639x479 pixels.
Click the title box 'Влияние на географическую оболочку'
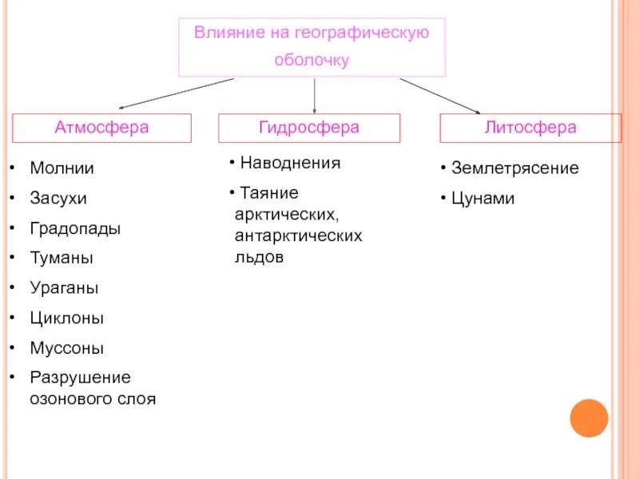pyautogui.click(x=312, y=47)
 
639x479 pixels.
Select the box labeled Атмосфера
pyautogui.click(x=101, y=128)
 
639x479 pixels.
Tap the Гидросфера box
pyautogui.click(x=309, y=128)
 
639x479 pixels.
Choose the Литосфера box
pyautogui.click(x=530, y=128)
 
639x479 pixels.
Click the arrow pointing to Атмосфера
pyautogui.click(x=176, y=93)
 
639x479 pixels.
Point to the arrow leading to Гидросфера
pyautogui.click(x=315, y=94)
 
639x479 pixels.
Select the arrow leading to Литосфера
pyautogui.click(x=439, y=95)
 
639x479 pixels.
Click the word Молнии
pyautogui.click(x=62, y=168)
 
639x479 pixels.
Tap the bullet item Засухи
pyautogui.click(x=58, y=198)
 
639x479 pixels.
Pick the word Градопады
pyautogui.click(x=75, y=228)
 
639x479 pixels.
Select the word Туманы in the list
pyautogui.click(x=61, y=258)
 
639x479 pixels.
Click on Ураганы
pyautogui.click(x=64, y=288)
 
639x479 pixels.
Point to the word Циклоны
pyautogui.click(x=67, y=319)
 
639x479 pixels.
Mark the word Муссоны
pyautogui.click(x=66, y=349)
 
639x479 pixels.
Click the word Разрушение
pyautogui.click(x=80, y=378)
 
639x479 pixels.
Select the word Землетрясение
pyautogui.click(x=514, y=168)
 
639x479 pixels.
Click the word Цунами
pyautogui.click(x=482, y=199)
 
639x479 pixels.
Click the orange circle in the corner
pyautogui.click(x=589, y=418)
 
